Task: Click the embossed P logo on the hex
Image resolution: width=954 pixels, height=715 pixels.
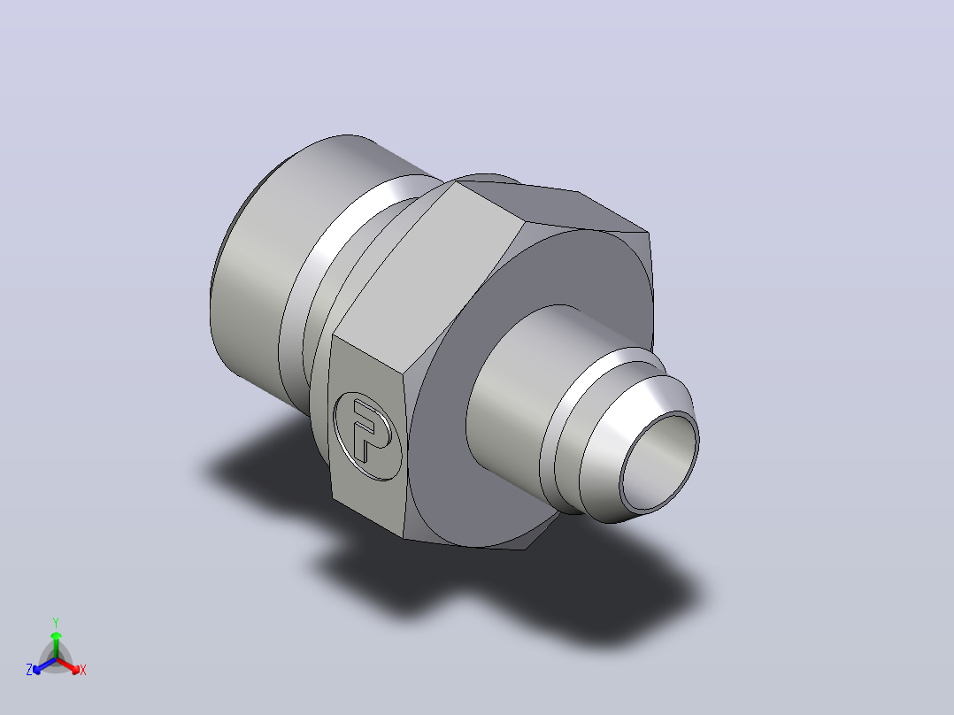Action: [367, 435]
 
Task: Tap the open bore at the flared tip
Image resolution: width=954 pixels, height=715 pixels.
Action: [659, 461]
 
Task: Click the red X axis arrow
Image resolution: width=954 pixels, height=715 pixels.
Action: [69, 665]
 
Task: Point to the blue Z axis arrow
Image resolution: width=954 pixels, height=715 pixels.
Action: [44, 665]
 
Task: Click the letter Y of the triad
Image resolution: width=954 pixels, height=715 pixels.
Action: [56, 622]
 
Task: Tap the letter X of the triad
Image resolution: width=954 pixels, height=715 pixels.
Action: [83, 670]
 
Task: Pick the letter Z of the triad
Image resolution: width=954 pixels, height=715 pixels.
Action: [29, 670]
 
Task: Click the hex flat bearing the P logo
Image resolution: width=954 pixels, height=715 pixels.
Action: [367, 435]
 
